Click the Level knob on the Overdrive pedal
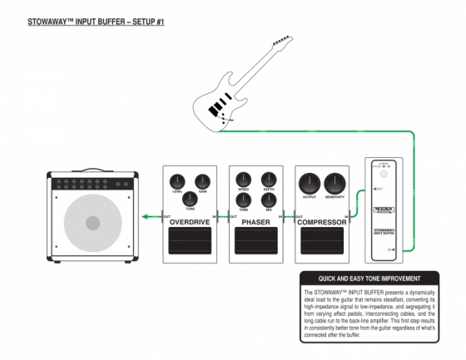[176, 181]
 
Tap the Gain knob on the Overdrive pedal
[202, 181]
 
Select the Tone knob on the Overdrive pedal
[190, 199]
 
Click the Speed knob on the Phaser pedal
[243, 179]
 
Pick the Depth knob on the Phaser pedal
[269, 179]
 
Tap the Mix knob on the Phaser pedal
[269, 200]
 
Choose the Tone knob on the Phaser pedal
[243, 200]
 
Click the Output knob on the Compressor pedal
[310, 184]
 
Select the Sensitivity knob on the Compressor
[335, 184]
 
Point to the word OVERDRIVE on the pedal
[190, 223]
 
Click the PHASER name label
[255, 223]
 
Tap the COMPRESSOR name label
[322, 223]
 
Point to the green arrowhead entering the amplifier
[142, 218]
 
